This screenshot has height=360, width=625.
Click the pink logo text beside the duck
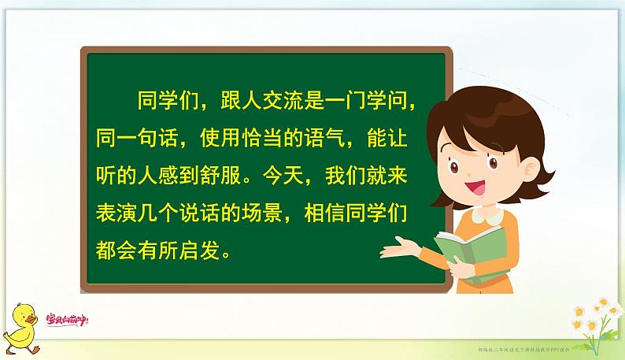(67, 319)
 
